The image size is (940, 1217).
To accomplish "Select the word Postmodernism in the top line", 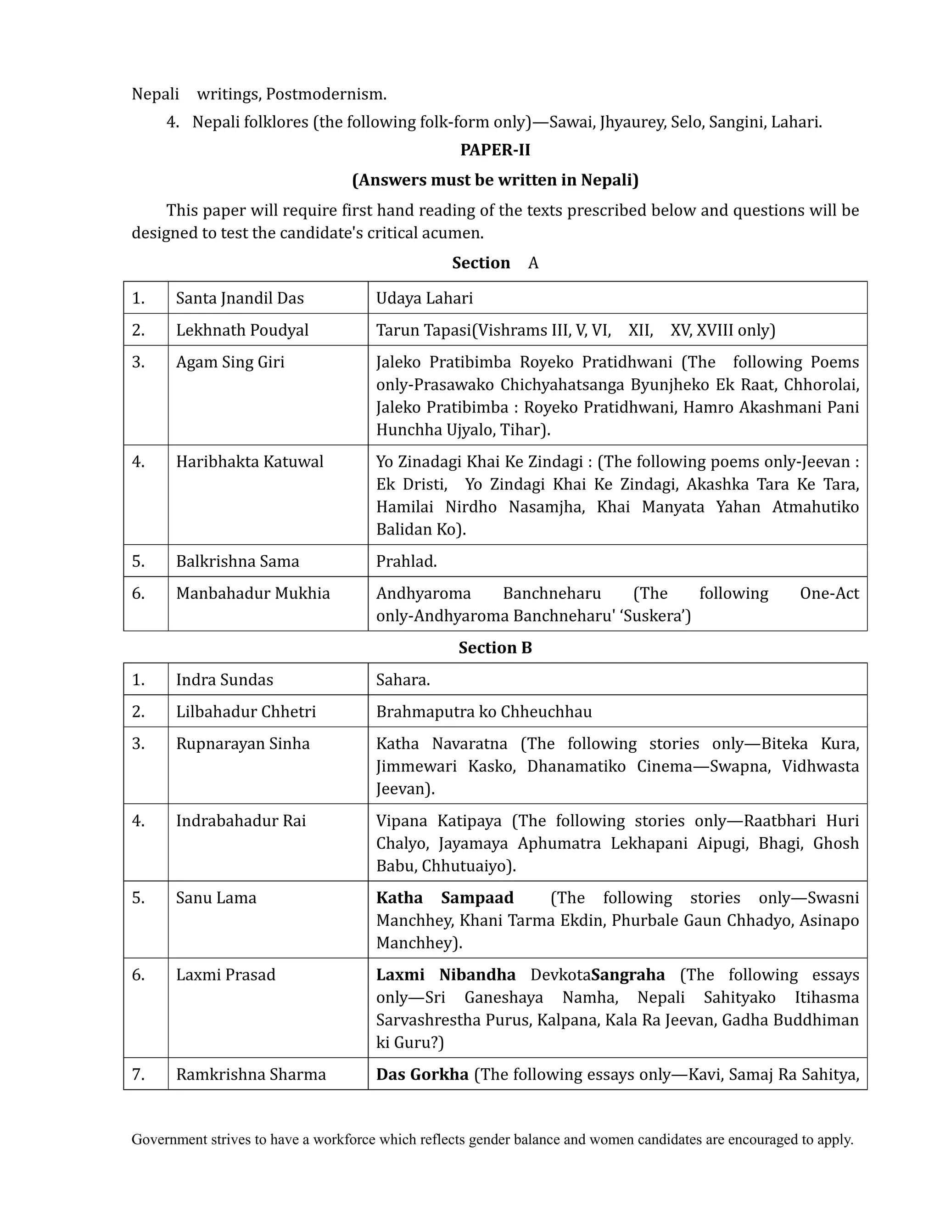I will pyautogui.click(x=326, y=94).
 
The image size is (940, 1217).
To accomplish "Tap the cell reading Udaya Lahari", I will pyautogui.click(x=425, y=298).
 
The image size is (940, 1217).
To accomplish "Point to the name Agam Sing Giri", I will pyautogui.click(x=230, y=362).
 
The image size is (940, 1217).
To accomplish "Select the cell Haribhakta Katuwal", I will pyautogui.click(x=250, y=462).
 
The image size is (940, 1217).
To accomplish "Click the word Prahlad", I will pyautogui.click(x=406, y=561).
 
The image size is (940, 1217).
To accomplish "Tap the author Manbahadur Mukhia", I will pyautogui.click(x=253, y=593).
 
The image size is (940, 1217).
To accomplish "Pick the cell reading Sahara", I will pyautogui.click(x=403, y=680).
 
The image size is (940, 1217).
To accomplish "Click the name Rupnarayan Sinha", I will pyautogui.click(x=243, y=744).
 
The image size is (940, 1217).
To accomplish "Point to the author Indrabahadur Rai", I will pyautogui.click(x=241, y=821).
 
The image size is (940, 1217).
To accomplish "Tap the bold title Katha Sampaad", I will pyautogui.click(x=444, y=898).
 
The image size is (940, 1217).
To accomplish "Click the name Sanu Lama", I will pyautogui.click(x=216, y=898).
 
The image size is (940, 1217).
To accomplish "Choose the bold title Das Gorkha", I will pyautogui.click(x=422, y=1074).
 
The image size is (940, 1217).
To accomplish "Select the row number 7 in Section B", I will pyautogui.click(x=138, y=1074).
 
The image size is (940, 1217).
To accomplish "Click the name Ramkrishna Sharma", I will pyautogui.click(x=251, y=1074).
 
